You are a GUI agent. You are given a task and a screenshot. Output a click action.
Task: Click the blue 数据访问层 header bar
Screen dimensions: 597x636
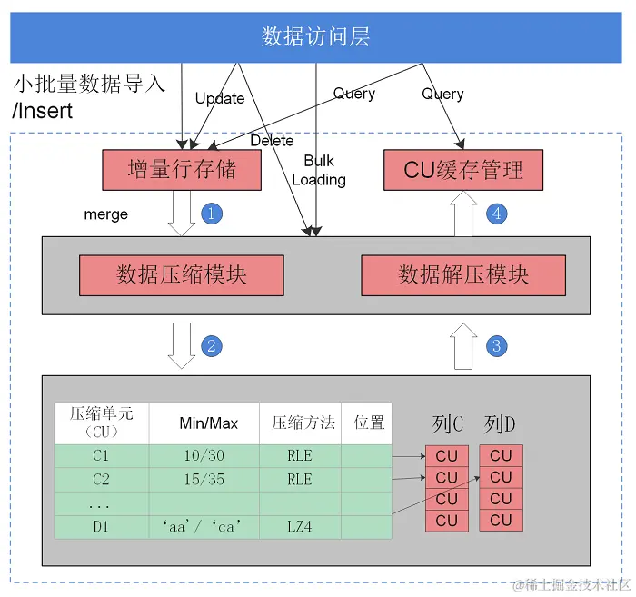click(x=316, y=36)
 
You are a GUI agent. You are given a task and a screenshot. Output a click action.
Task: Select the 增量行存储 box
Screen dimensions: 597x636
click(x=182, y=170)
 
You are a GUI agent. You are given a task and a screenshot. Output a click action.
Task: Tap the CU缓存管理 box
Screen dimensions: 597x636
click(x=463, y=170)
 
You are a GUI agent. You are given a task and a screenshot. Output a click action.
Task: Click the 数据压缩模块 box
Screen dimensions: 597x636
click(x=182, y=274)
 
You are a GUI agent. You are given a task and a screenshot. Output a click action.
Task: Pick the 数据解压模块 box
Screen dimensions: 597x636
click(x=463, y=274)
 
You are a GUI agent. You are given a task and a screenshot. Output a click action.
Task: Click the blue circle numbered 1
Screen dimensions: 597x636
click(x=211, y=214)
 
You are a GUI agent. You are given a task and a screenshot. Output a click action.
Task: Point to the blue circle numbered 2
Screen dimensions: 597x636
click(x=211, y=345)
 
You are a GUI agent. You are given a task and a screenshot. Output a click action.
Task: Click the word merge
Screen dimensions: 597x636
click(x=105, y=214)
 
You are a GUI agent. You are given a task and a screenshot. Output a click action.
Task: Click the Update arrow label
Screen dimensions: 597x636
click(x=220, y=98)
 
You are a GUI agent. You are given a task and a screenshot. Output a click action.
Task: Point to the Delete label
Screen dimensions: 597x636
click(x=272, y=141)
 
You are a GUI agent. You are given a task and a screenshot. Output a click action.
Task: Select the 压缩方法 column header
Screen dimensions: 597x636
click(x=303, y=423)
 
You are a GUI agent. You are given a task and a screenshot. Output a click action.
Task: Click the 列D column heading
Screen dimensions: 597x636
click(x=501, y=423)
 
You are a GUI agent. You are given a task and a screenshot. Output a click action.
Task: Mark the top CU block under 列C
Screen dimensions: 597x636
click(x=447, y=455)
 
